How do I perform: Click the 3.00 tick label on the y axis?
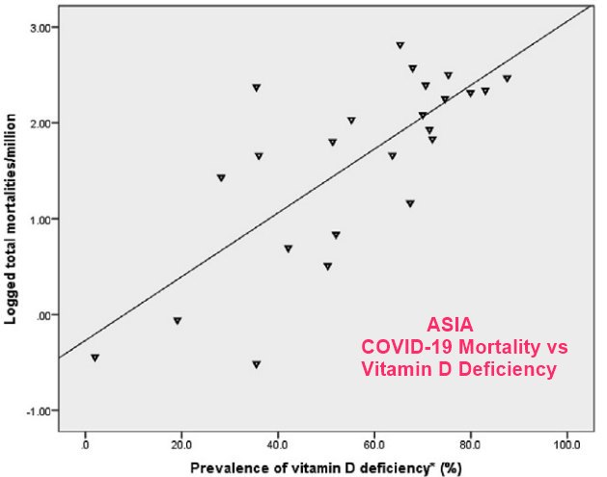pyautogui.click(x=41, y=27)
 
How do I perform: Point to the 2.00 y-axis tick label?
pyautogui.click(x=41, y=123)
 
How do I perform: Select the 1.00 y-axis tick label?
pyautogui.click(x=41, y=219)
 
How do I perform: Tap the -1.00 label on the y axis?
pyautogui.click(x=39, y=411)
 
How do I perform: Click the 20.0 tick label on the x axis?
pyautogui.click(x=182, y=446)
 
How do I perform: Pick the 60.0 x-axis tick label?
pyautogui.click(x=374, y=446)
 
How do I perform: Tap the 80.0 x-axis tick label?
pyautogui.click(x=470, y=446)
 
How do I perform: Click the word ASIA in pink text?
pyautogui.click(x=451, y=327)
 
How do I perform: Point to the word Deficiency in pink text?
pyautogui.click(x=509, y=368)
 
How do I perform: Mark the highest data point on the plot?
pyautogui.click(x=400, y=45)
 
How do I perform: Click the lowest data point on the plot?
pyautogui.click(x=256, y=364)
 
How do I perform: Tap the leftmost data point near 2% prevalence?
pyautogui.click(x=95, y=358)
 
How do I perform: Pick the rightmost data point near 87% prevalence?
pyautogui.click(x=507, y=79)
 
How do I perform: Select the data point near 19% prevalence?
pyautogui.click(x=178, y=321)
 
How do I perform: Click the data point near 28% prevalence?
pyautogui.click(x=221, y=178)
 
